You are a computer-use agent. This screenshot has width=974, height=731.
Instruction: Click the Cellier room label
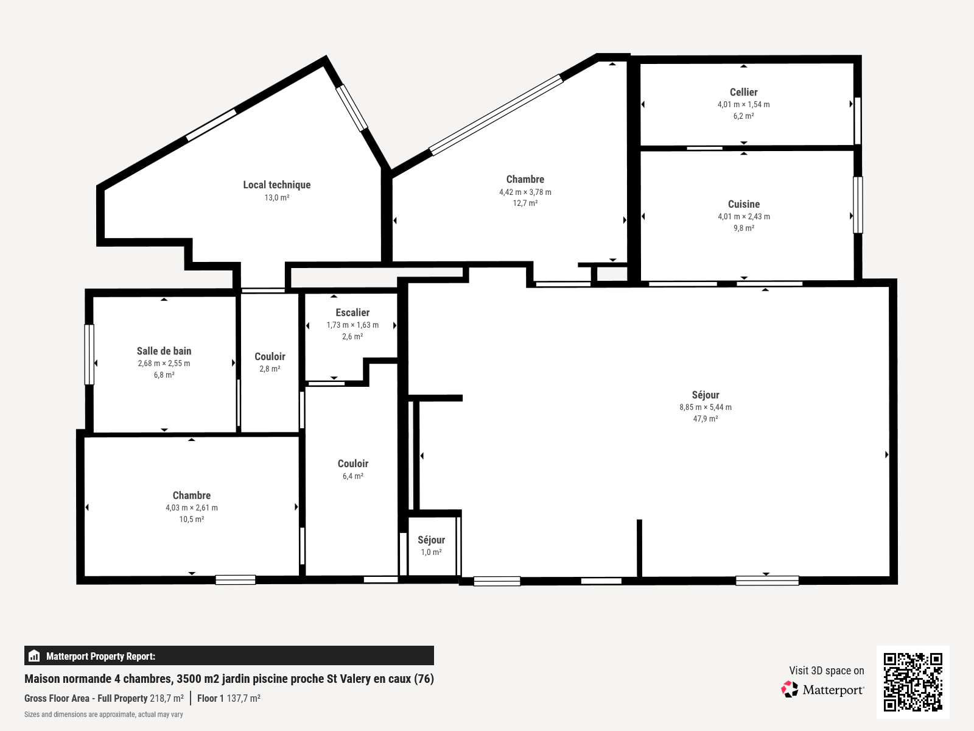pyautogui.click(x=743, y=92)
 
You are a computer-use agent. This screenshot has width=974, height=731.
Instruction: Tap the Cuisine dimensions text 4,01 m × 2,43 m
pyautogui.click(x=743, y=216)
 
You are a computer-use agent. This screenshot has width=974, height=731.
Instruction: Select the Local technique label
pyautogui.click(x=276, y=185)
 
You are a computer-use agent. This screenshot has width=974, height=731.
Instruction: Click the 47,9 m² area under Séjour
pyautogui.click(x=705, y=418)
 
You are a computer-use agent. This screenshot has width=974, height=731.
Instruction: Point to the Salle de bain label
pyautogui.click(x=164, y=351)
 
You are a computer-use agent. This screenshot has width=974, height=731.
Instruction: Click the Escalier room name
pyautogui.click(x=352, y=313)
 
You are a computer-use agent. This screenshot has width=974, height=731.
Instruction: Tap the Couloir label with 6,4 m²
pyautogui.click(x=353, y=464)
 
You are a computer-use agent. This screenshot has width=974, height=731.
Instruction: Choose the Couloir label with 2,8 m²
pyautogui.click(x=270, y=356)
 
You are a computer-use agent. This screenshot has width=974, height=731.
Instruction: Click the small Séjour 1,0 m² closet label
pyautogui.click(x=431, y=540)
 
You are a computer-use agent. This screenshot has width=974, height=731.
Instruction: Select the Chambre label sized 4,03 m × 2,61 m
pyautogui.click(x=191, y=495)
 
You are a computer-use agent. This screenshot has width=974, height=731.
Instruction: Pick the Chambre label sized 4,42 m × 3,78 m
pyautogui.click(x=525, y=179)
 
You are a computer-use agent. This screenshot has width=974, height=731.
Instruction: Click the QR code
pyautogui.click(x=913, y=682)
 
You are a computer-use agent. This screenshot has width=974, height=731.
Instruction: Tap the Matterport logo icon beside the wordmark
pyautogui.click(x=790, y=690)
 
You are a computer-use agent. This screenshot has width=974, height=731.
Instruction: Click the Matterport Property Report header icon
pyautogui.click(x=34, y=656)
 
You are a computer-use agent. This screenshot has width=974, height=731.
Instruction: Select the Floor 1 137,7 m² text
pyautogui.click(x=228, y=698)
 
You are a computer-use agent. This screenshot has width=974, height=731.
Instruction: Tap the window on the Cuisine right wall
pyautogui.click(x=858, y=205)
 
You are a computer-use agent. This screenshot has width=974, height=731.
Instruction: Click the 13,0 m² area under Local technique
pyautogui.click(x=276, y=197)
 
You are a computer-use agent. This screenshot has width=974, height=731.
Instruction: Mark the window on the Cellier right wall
pyautogui.click(x=858, y=121)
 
